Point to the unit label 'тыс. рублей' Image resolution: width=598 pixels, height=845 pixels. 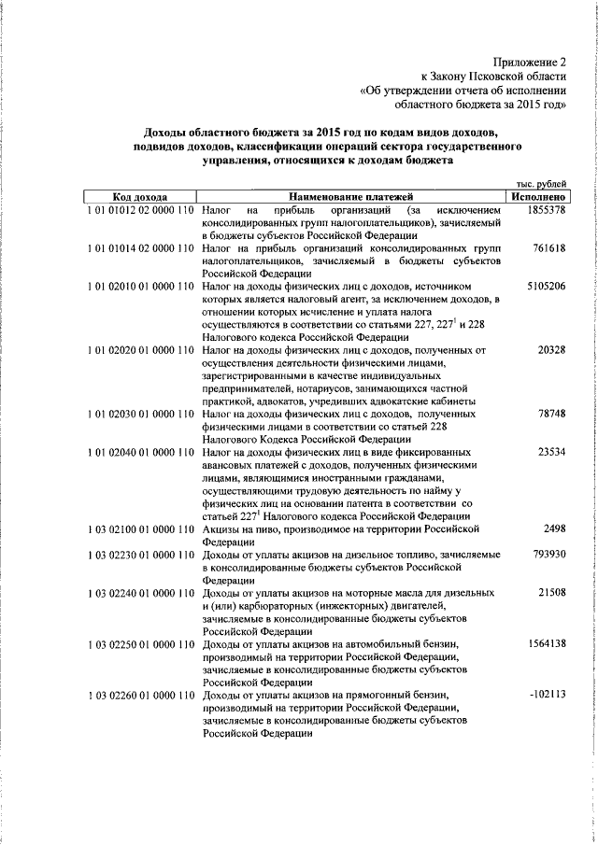click(x=540, y=185)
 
